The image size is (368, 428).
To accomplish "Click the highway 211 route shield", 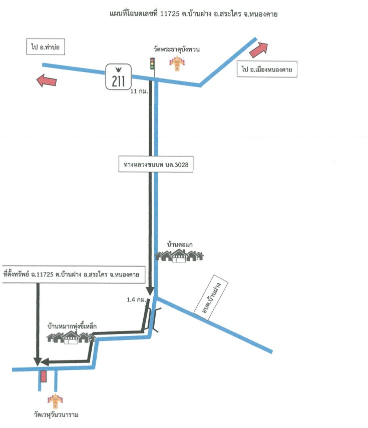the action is click(118, 76).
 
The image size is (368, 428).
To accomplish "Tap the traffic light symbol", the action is click(153, 63).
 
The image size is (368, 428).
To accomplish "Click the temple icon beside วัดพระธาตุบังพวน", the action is click(177, 63).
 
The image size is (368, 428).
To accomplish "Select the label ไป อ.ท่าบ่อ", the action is click(46, 46).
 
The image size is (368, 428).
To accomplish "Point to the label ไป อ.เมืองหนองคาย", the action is click(267, 69).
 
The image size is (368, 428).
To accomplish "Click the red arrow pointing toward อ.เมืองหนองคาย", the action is click(258, 49).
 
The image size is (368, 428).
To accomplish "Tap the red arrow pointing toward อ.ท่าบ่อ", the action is click(46, 80).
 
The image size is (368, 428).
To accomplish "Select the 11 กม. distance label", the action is click(139, 91).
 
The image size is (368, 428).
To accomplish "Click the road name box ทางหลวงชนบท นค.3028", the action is click(156, 164).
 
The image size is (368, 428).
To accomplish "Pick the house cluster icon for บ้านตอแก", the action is click(179, 256).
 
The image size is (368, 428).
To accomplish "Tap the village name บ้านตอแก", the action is click(180, 244).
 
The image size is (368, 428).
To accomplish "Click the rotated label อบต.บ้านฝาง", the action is click(211, 297).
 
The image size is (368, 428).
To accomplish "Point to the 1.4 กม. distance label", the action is click(136, 299).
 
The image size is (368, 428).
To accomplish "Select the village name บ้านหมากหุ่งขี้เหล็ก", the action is click(72, 326).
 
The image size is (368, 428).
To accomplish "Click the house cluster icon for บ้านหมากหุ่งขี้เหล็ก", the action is click(71, 337).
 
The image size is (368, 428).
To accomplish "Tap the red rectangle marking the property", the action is click(44, 376).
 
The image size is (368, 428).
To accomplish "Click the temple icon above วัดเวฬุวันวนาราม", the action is click(55, 401).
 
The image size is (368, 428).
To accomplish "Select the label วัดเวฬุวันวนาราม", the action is click(56, 414).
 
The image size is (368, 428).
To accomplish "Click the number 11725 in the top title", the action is click(170, 14).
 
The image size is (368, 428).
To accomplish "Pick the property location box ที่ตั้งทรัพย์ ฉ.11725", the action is click(73, 274).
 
